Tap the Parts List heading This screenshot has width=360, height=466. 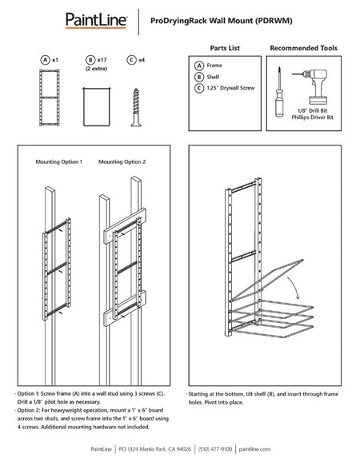coord(225,48)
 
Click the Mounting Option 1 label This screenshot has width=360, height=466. coord(58,162)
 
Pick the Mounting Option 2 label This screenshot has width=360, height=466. coord(121,162)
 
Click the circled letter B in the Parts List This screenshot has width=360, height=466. coord(198,78)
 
